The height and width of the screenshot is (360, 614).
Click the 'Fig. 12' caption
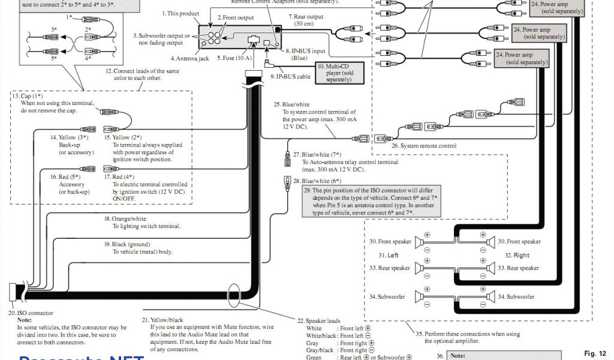tap(595, 353)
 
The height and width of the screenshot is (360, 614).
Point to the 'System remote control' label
tap(424, 146)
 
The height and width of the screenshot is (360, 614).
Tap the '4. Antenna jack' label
tap(189, 58)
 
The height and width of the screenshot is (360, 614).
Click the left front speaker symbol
tap(419, 241)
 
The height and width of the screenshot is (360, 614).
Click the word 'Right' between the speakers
tap(521, 255)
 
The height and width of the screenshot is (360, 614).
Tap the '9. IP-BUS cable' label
tap(290, 76)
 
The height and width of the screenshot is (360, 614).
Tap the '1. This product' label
tap(180, 13)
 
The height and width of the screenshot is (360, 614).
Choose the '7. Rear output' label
tap(308, 16)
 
